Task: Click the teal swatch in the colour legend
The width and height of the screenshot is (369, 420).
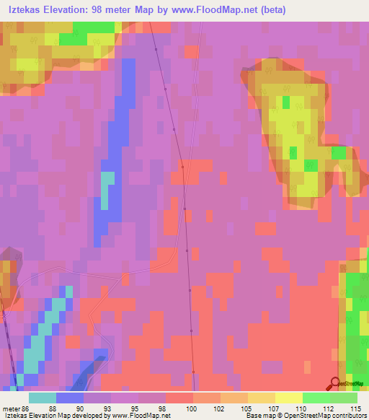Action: tap(43, 398)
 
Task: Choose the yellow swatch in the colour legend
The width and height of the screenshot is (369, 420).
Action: tap(289, 398)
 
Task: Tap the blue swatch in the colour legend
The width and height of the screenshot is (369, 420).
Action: tap(70, 398)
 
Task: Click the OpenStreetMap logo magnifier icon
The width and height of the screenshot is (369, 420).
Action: tap(334, 383)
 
